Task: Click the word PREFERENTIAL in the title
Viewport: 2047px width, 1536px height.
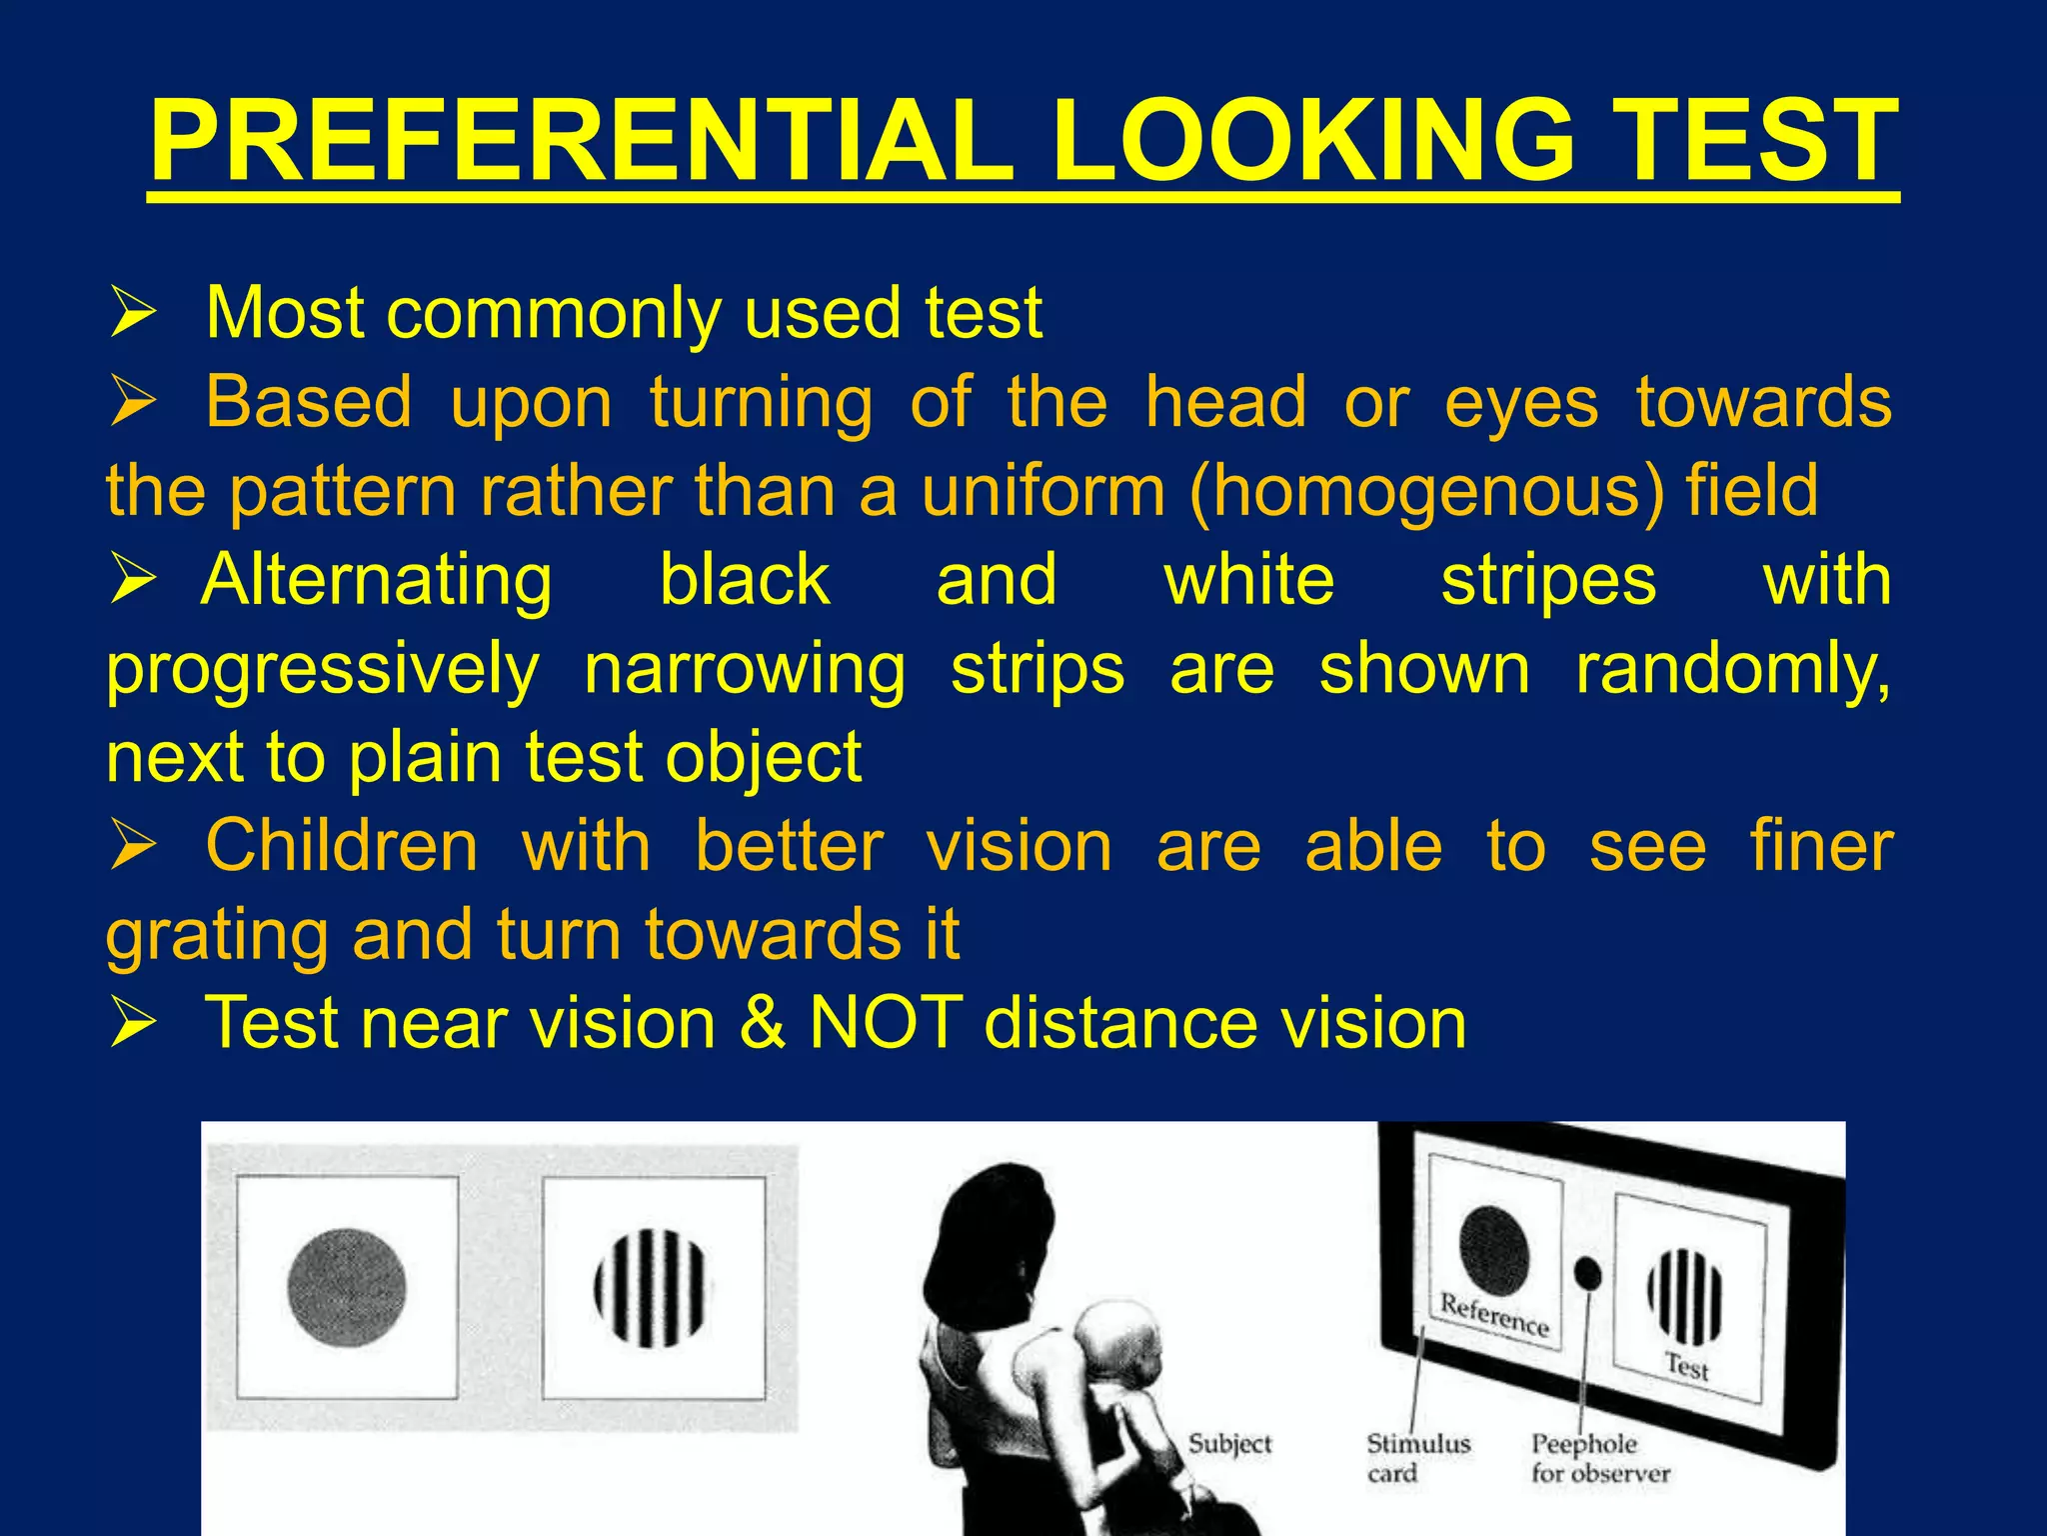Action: pos(581,142)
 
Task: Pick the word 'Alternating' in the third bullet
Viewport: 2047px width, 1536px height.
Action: pos(376,581)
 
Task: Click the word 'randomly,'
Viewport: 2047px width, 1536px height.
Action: pos(1732,670)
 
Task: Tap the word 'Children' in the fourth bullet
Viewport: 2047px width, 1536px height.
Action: pos(342,846)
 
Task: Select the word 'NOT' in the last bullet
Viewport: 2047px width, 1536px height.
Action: pos(886,1023)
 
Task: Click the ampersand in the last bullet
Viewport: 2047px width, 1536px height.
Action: pos(763,1023)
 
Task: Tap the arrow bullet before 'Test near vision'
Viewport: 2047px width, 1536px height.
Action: pos(132,1023)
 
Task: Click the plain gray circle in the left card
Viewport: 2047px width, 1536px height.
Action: pos(347,1287)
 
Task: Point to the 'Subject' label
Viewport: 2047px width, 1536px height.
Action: pos(1229,1443)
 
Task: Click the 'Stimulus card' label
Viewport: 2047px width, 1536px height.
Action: pos(1417,1457)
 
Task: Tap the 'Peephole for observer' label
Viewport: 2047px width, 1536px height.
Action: pos(1599,1457)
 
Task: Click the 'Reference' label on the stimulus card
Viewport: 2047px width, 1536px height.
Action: pos(1494,1313)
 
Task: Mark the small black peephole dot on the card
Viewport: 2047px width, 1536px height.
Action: pos(1587,1272)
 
